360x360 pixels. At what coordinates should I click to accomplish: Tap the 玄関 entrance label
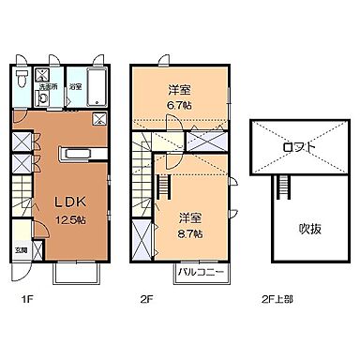tap(21, 250)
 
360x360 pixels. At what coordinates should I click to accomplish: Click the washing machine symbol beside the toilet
tap(43, 75)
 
